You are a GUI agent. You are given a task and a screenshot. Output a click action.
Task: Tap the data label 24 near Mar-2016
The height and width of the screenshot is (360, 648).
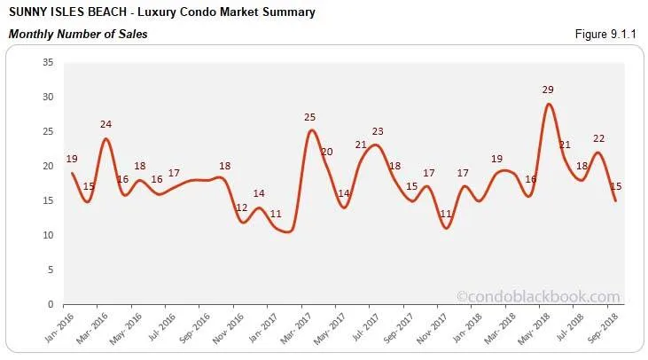pos(106,125)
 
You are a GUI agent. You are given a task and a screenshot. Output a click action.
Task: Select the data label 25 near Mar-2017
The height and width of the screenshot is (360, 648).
pos(310,117)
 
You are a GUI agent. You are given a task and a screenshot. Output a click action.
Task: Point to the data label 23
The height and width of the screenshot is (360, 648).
pos(378,131)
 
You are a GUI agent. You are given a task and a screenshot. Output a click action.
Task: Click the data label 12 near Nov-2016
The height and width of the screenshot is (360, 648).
pos(242,207)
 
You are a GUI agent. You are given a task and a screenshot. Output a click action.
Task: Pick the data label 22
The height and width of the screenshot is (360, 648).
pos(598,138)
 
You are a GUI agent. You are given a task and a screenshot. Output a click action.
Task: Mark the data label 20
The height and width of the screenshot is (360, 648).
pos(326,152)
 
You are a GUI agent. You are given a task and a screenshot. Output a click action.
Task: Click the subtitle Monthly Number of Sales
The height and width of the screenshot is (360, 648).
pos(78,35)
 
